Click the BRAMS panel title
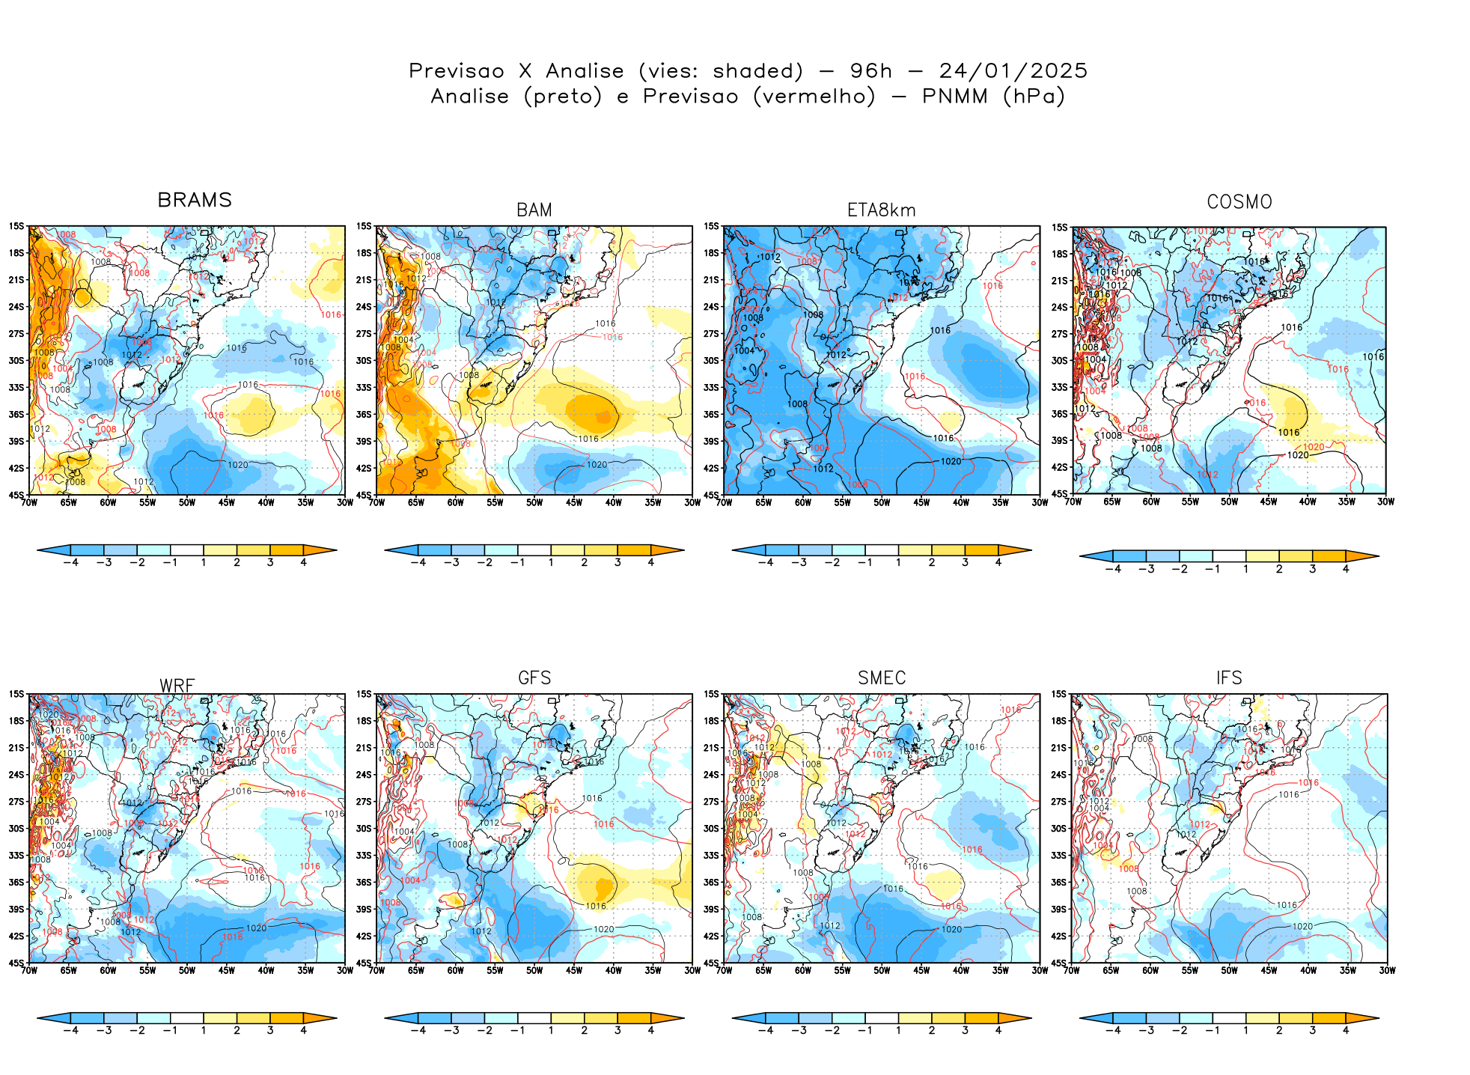(195, 200)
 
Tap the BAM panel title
(534, 210)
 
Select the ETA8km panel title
(881, 210)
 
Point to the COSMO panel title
(1239, 202)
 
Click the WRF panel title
(177, 686)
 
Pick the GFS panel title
(534, 677)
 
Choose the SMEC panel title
(882, 677)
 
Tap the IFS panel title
(1229, 677)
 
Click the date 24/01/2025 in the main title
(1013, 71)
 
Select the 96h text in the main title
(871, 71)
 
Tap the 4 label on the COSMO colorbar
(1346, 569)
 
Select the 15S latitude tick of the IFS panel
(1058, 694)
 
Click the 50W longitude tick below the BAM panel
(534, 502)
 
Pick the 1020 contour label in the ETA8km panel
(951, 461)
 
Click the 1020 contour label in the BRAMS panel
(237, 465)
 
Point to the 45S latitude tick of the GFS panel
(364, 963)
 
